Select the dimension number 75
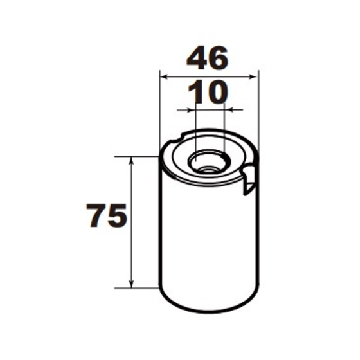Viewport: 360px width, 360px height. pyautogui.click(x=107, y=216)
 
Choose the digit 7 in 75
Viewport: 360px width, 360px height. pyautogui.click(x=96, y=216)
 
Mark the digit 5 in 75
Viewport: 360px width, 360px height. pyautogui.click(x=118, y=216)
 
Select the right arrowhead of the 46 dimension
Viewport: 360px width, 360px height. pyautogui.click(x=255, y=76)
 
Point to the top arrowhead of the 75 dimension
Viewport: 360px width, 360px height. pyautogui.click(x=132, y=159)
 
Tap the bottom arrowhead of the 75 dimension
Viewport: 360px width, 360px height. pyautogui.click(x=132, y=284)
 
